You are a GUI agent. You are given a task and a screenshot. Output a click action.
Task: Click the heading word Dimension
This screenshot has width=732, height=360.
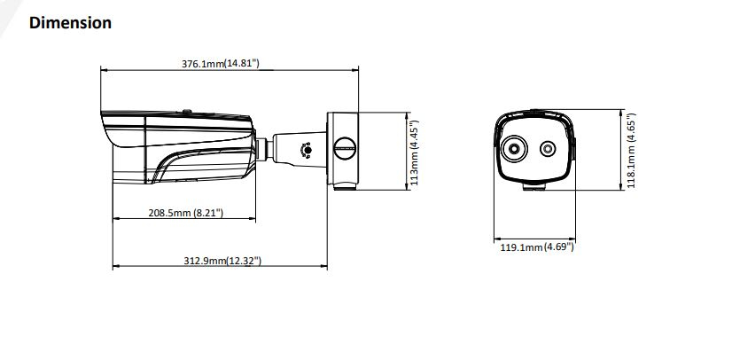pos(71,23)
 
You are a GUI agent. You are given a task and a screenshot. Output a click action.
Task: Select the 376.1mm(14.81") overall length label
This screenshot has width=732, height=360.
pos(221,64)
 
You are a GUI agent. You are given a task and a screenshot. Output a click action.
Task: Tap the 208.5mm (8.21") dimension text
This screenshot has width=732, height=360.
pos(183,213)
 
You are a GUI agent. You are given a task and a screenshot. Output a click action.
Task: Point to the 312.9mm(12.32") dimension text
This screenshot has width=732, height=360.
pos(222,260)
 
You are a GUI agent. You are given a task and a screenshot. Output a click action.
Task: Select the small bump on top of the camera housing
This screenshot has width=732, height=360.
pos(186,112)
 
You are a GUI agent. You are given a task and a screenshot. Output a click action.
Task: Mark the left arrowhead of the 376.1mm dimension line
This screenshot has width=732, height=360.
pos(104,68)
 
